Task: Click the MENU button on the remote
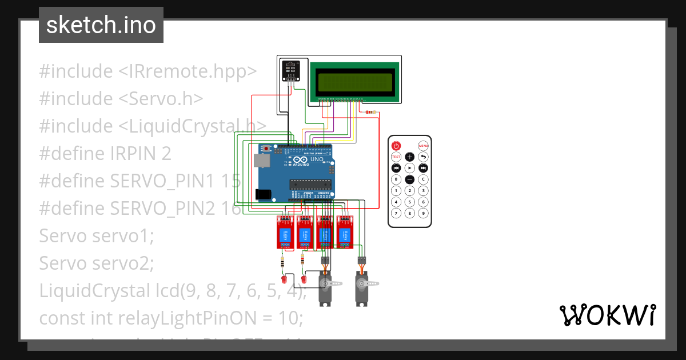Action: click(x=423, y=146)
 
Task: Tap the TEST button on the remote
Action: click(x=396, y=157)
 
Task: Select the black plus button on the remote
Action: click(x=410, y=157)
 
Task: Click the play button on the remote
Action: click(x=410, y=168)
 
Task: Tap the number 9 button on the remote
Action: click(x=423, y=213)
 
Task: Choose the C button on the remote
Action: click(x=423, y=179)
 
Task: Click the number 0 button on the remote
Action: click(x=396, y=179)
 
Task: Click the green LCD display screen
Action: click(x=355, y=82)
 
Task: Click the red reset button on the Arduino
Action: click(x=266, y=149)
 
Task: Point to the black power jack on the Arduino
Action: click(x=264, y=194)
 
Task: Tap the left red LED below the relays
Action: click(x=284, y=280)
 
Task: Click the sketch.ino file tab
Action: click(x=101, y=25)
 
